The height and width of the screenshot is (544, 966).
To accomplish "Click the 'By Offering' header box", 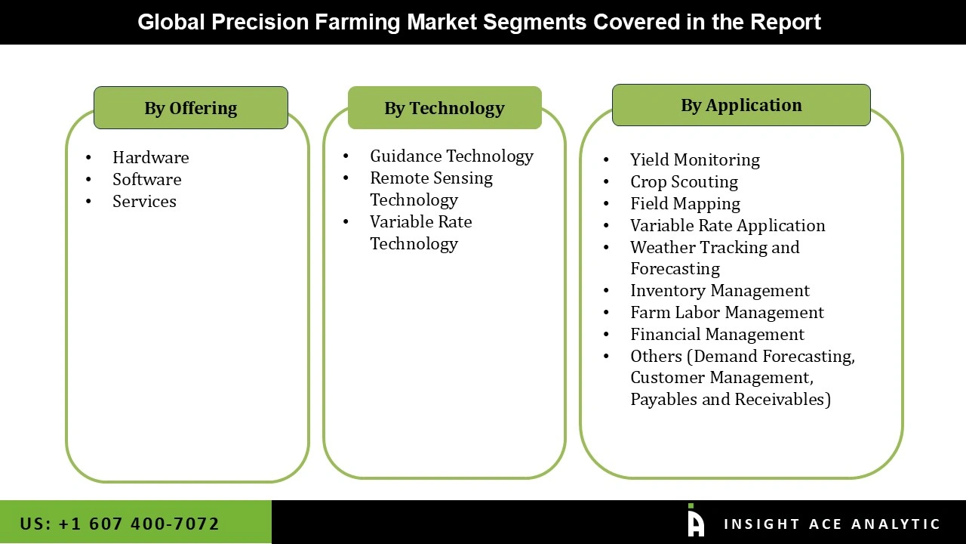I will coord(191,108).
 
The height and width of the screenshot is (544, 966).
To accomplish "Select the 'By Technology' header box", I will coord(445,108).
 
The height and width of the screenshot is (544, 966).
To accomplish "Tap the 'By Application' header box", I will coord(741,105).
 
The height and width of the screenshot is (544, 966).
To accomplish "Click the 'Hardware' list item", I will coord(150,157).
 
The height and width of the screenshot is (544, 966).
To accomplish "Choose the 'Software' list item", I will coord(146,179).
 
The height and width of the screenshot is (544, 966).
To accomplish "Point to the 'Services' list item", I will coord(144,201).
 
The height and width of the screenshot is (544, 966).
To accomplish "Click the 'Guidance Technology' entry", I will coord(451,156).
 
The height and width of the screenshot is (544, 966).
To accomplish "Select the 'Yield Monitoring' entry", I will coord(694,159).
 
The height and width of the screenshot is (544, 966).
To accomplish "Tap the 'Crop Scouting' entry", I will coord(684,181).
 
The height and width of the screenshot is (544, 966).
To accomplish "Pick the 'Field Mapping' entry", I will coord(685,203).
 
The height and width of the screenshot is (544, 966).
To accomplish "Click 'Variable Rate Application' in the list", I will coord(728,225).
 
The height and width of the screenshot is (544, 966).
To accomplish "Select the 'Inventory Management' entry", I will coord(719,290).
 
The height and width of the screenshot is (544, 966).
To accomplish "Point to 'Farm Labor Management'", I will coord(727,312).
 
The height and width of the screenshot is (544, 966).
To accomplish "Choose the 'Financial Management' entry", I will coord(717,334).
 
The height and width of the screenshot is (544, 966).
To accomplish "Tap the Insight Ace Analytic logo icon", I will coord(696,521).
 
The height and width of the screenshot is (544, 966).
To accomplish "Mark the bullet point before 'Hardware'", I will coord(89,158).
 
